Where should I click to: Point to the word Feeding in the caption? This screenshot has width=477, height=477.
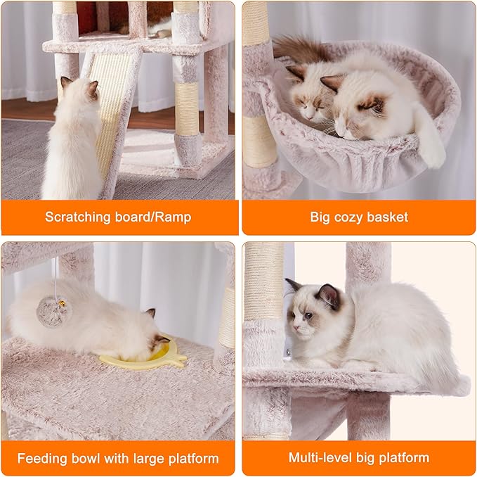point(42,459)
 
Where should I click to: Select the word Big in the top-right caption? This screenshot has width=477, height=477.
point(320,217)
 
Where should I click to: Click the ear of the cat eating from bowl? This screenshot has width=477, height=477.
point(150,314)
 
